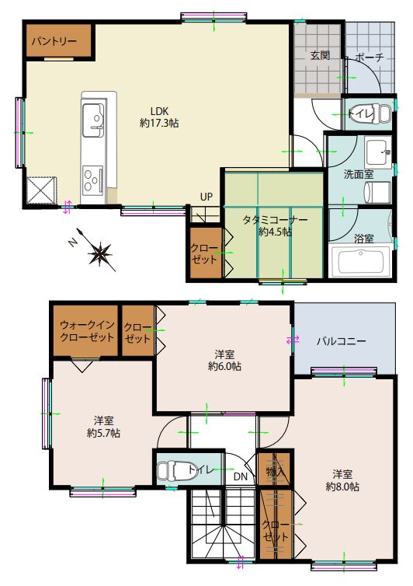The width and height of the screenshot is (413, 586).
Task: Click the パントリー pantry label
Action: [54, 41]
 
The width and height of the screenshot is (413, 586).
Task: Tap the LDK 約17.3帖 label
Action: [159, 117]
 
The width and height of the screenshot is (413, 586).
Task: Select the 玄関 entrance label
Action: [320, 56]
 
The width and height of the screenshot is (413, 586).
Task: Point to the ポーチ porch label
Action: [369, 58]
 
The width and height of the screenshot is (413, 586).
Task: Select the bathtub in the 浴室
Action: [361, 262]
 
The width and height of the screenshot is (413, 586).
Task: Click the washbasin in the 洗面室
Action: [379, 152]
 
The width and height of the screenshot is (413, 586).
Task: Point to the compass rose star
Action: [99, 253]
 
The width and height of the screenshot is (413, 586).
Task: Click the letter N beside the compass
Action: [73, 243]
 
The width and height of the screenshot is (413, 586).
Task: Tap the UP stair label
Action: [206, 197]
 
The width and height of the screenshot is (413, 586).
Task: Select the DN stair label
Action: [241, 476]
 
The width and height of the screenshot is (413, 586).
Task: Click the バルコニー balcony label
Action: [342, 341]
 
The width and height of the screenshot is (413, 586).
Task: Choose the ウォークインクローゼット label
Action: [87, 331]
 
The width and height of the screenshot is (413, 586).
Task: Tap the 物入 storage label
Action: [276, 472]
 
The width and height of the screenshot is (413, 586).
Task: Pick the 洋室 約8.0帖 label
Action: [342, 480]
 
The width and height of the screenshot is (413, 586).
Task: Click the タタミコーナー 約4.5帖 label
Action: [276, 225]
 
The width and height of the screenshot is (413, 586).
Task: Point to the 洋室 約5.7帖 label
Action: [103, 427]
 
